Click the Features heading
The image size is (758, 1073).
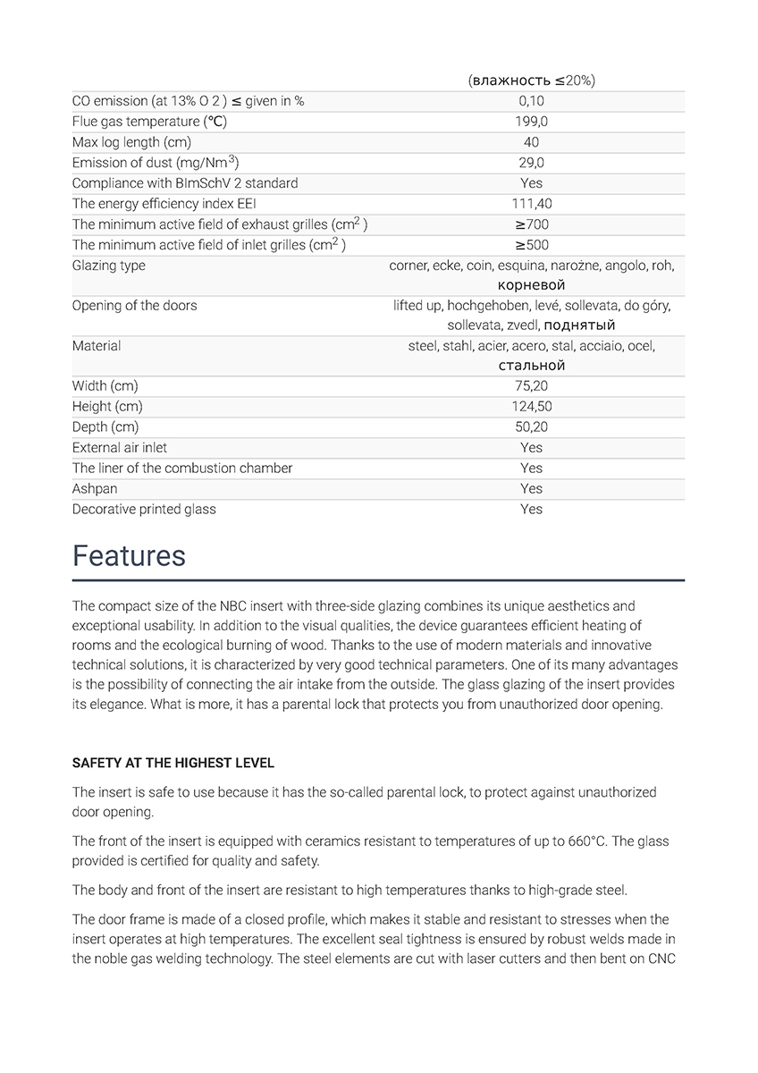pos(129,556)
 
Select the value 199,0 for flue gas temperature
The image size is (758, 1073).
pos(531,122)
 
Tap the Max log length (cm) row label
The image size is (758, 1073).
pos(131,142)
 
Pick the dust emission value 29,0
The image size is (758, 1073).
pos(531,163)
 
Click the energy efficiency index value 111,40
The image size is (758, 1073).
pos(531,204)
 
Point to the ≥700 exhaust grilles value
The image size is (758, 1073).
pos(531,224)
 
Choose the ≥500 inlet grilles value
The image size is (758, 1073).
pos(531,245)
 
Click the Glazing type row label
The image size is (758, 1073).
pos(108,266)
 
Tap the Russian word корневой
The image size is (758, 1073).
pos(531,285)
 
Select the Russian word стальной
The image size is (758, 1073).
pos(531,366)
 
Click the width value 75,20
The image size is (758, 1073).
pos(531,386)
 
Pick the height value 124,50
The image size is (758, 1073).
pos(531,407)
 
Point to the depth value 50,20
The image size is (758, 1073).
pos(531,427)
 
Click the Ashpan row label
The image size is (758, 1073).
pos(95,489)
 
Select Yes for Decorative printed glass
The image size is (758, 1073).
pos(531,510)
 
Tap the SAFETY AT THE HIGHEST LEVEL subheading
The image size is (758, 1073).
pos(173,763)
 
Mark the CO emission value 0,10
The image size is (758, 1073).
pos(531,101)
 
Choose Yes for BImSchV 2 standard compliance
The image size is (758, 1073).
pos(531,183)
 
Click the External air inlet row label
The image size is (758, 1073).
pos(119,448)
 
